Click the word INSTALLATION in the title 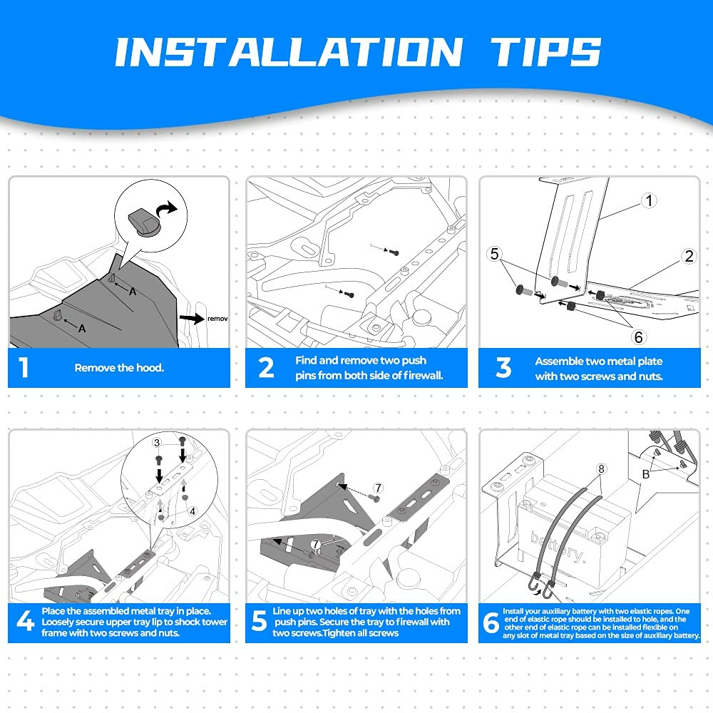[289, 51]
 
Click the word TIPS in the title [545, 51]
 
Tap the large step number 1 [24, 367]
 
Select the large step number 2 [266, 367]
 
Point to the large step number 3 [503, 367]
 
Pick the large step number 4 [26, 621]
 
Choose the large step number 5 [260, 621]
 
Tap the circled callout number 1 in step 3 [650, 200]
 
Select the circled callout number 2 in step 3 [689, 256]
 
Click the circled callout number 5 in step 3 [495, 254]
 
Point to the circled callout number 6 [638, 337]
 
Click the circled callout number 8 [602, 469]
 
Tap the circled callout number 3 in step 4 [157, 443]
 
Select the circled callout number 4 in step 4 [193, 511]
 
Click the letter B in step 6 [646, 474]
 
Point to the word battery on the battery [558, 548]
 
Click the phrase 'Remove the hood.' [119, 368]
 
